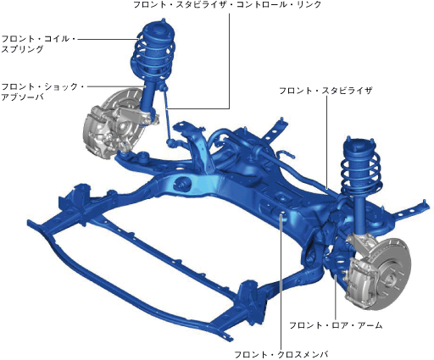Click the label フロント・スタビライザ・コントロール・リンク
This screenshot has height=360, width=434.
pos(227,5)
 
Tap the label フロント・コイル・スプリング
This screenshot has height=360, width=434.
pos(39,44)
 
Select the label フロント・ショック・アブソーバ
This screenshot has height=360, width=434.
pos(43,91)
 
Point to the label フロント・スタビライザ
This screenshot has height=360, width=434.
pos(325,91)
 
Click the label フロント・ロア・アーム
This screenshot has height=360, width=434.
pos(336,325)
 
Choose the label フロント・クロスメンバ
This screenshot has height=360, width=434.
pos(281,354)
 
